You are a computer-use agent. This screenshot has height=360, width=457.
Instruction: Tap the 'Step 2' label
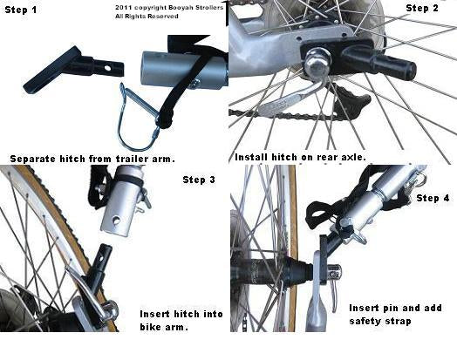[427, 8]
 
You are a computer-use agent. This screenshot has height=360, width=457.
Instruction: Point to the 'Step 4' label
[434, 198]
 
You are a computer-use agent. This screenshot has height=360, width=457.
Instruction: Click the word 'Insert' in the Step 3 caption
[154, 313]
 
